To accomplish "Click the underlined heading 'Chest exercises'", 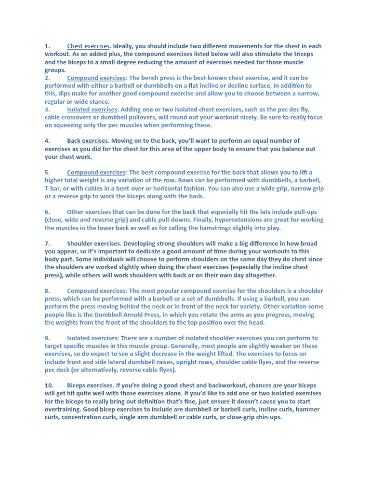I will pyautogui.click(x=89, y=46).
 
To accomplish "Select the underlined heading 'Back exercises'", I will pyautogui.click(x=87, y=141).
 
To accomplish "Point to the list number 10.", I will pyautogui.click(x=49, y=386).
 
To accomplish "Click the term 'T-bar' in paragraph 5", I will pyautogui.click(x=53, y=189).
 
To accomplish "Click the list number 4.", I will pyautogui.click(x=47, y=141).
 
